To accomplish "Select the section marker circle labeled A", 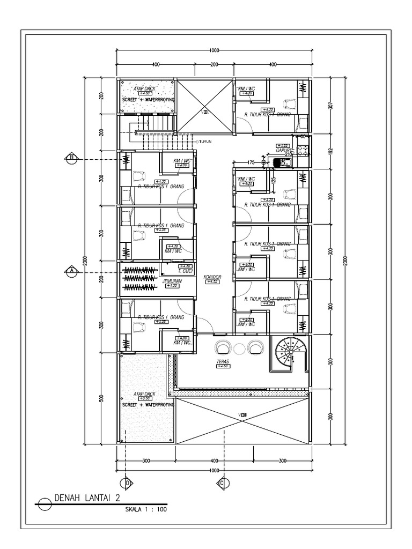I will (x=71, y=270).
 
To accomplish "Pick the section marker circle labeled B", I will (x=71, y=158).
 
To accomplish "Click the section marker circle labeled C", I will (x=221, y=483).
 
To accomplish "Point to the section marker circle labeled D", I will (x=128, y=483).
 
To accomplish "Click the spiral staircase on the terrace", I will (x=288, y=351).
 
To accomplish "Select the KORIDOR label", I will (x=212, y=277).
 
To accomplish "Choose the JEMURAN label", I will (x=170, y=280).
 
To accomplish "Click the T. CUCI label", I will (x=185, y=271).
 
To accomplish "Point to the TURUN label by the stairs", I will (x=207, y=142).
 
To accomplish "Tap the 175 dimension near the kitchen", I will (x=250, y=162).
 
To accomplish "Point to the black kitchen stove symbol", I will (x=279, y=162).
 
